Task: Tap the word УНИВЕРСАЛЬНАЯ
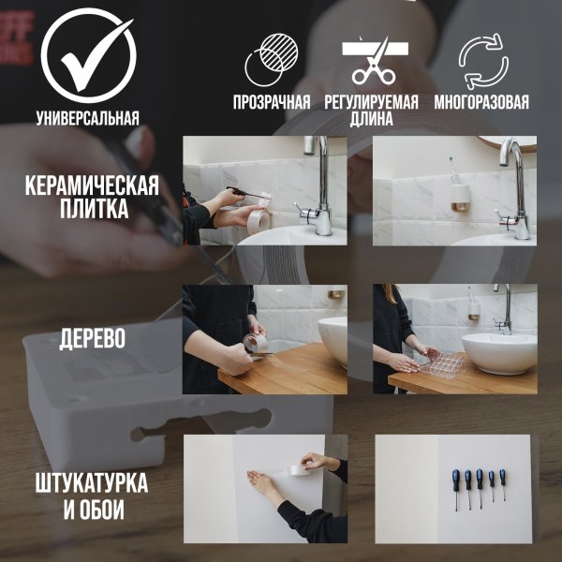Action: [x=88, y=118]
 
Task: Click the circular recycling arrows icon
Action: [x=482, y=61]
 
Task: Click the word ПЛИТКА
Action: [x=91, y=208]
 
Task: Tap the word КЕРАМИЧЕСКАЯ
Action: [x=91, y=185]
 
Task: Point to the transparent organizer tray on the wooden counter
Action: [x=438, y=362]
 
